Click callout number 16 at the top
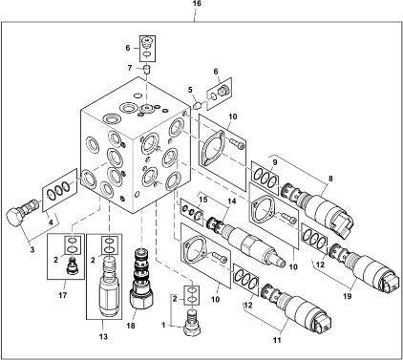coord(197,4)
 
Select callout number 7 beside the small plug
coord(130,68)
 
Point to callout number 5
coord(190,90)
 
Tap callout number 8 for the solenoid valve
coord(330,179)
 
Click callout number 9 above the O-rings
coord(275,162)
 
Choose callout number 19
coord(348,296)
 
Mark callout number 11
coord(277,340)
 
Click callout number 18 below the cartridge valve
coord(131,326)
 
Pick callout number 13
coord(103,336)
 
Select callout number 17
coord(63,295)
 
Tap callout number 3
coord(32,250)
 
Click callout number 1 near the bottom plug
coord(163,326)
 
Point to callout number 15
coord(203,201)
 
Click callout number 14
coord(232,201)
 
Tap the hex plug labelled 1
coord(192,323)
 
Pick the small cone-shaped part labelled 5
coord(198,104)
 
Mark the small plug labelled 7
coord(146,69)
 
